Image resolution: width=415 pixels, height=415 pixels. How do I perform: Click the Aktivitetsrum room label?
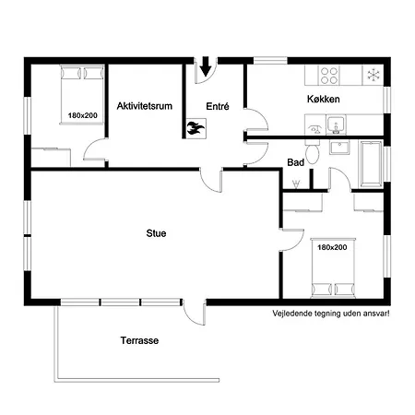tap(145, 106)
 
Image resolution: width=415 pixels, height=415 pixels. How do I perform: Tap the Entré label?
tap(218, 106)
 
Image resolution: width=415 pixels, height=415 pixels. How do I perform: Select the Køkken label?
tap(324, 99)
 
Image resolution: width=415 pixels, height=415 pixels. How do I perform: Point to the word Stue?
tap(156, 233)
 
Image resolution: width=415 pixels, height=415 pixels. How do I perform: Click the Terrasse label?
tap(139, 340)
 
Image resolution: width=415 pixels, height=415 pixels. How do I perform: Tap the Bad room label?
tap(296, 162)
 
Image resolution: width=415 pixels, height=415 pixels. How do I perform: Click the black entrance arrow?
tap(205, 66)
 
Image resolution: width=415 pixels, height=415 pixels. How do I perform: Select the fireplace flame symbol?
tap(196, 128)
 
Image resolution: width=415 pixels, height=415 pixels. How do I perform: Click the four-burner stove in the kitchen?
tap(329, 76)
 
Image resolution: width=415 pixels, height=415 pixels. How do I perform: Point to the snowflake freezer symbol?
tap(373, 75)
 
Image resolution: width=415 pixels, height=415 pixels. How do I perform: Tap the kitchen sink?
tap(336, 125)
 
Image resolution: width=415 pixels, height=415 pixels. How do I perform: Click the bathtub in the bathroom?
tap(371, 164)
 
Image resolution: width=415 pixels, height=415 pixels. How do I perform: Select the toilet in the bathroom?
tap(313, 152)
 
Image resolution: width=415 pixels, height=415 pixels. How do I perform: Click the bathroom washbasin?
tap(339, 147)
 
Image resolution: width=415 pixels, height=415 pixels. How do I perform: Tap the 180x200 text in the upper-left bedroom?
tap(83, 115)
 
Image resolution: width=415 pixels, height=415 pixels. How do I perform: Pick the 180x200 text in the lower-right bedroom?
tap(332, 247)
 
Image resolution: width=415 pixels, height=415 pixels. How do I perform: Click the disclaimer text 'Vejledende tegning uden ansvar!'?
tap(331, 314)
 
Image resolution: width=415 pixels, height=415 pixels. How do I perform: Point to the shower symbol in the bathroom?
tap(296, 184)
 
